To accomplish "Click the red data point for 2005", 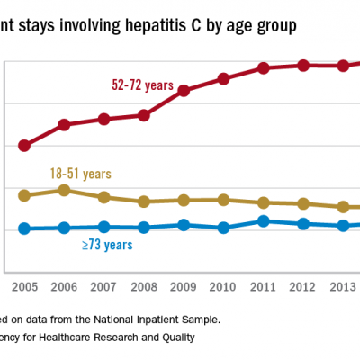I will pyautogui.click(x=24, y=145).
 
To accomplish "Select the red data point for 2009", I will pyautogui.click(x=183, y=91).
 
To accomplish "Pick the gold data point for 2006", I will pyautogui.click(x=64, y=190).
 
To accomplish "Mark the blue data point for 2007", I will pyautogui.click(x=103, y=227).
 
